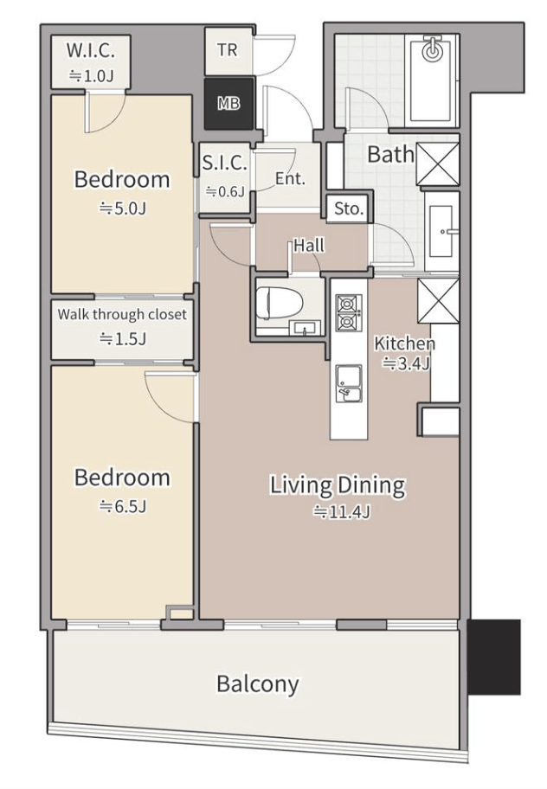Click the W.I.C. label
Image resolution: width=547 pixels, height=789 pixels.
point(91,50)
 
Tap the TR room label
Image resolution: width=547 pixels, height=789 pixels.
point(228,50)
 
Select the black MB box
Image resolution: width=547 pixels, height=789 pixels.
point(228,104)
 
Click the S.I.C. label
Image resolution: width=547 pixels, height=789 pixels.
point(224,163)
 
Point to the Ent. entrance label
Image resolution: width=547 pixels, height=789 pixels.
point(290,178)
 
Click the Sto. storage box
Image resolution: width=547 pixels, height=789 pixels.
point(349,208)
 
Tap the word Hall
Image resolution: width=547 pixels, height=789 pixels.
point(309,246)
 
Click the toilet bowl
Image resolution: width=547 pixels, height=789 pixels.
point(273,303)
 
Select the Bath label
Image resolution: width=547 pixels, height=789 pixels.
point(390,154)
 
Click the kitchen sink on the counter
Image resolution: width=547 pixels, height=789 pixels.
point(349,383)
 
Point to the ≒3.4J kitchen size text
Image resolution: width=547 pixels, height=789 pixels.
point(407,363)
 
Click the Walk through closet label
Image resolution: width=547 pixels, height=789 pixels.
point(122,315)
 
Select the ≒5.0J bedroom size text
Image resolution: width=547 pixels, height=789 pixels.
point(122,208)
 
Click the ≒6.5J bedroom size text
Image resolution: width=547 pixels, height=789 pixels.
point(122,506)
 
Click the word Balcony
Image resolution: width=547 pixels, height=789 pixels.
point(258,683)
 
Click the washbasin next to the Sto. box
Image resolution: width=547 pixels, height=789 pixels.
point(441,231)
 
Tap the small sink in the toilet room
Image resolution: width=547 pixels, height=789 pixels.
point(304,328)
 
